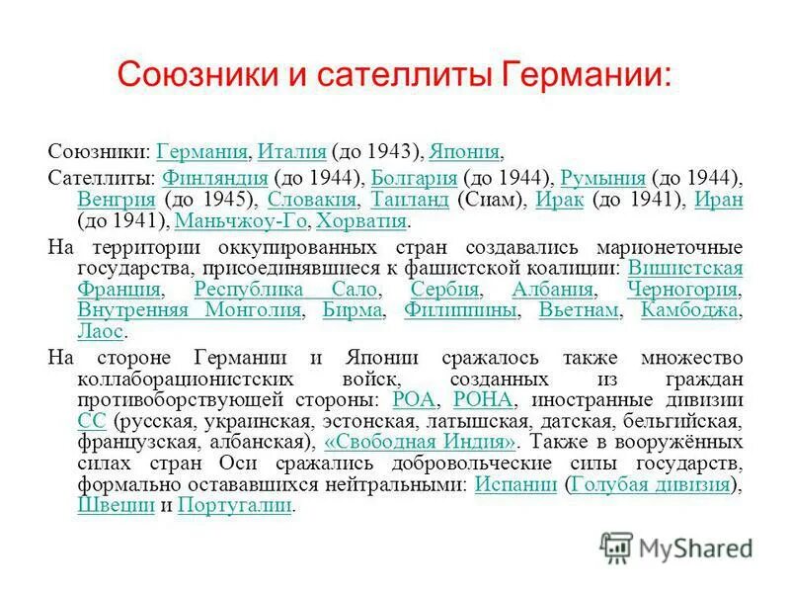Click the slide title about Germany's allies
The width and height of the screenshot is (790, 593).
[x=394, y=74]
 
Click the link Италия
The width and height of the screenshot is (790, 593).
[x=291, y=152]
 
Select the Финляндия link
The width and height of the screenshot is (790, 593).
[x=214, y=179]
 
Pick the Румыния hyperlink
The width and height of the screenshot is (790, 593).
[x=602, y=179]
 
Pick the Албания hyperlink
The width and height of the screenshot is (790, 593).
[x=553, y=290]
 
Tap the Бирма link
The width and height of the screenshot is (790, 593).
[x=353, y=310]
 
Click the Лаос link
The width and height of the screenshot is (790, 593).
[x=99, y=331]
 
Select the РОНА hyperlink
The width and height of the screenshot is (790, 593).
[x=483, y=399]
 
